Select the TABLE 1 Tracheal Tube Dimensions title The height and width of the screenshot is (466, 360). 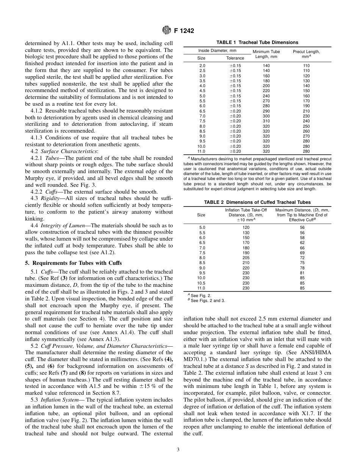click(x=257, y=42)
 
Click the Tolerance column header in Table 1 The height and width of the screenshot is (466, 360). click(x=235, y=58)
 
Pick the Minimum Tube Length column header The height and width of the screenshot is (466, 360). click(x=266, y=54)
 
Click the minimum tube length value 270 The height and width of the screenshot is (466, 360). click(x=266, y=101)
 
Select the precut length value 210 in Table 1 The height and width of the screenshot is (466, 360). click(x=306, y=111)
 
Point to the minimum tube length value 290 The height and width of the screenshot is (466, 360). click(x=266, y=111)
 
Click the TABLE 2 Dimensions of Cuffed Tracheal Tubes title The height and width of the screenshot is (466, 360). click(x=257, y=202)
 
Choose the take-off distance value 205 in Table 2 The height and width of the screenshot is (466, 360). click(x=246, y=258)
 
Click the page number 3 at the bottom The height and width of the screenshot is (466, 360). click(x=178, y=450)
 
